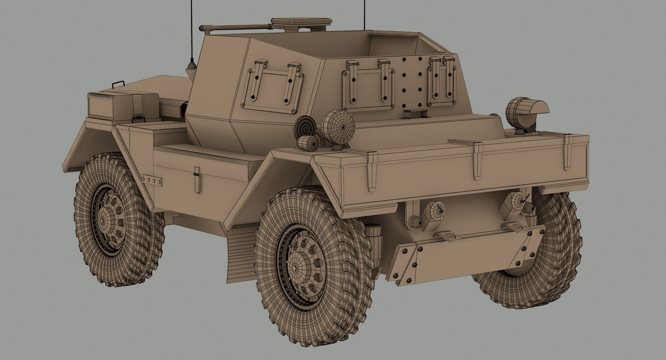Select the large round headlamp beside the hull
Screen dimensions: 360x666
click(x=338, y=126)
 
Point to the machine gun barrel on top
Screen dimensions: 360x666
click(x=236, y=27)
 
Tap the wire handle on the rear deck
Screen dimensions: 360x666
click(x=118, y=84)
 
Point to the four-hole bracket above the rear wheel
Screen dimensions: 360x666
click(x=152, y=180)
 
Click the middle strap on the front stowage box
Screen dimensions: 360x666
click(x=477, y=160)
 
